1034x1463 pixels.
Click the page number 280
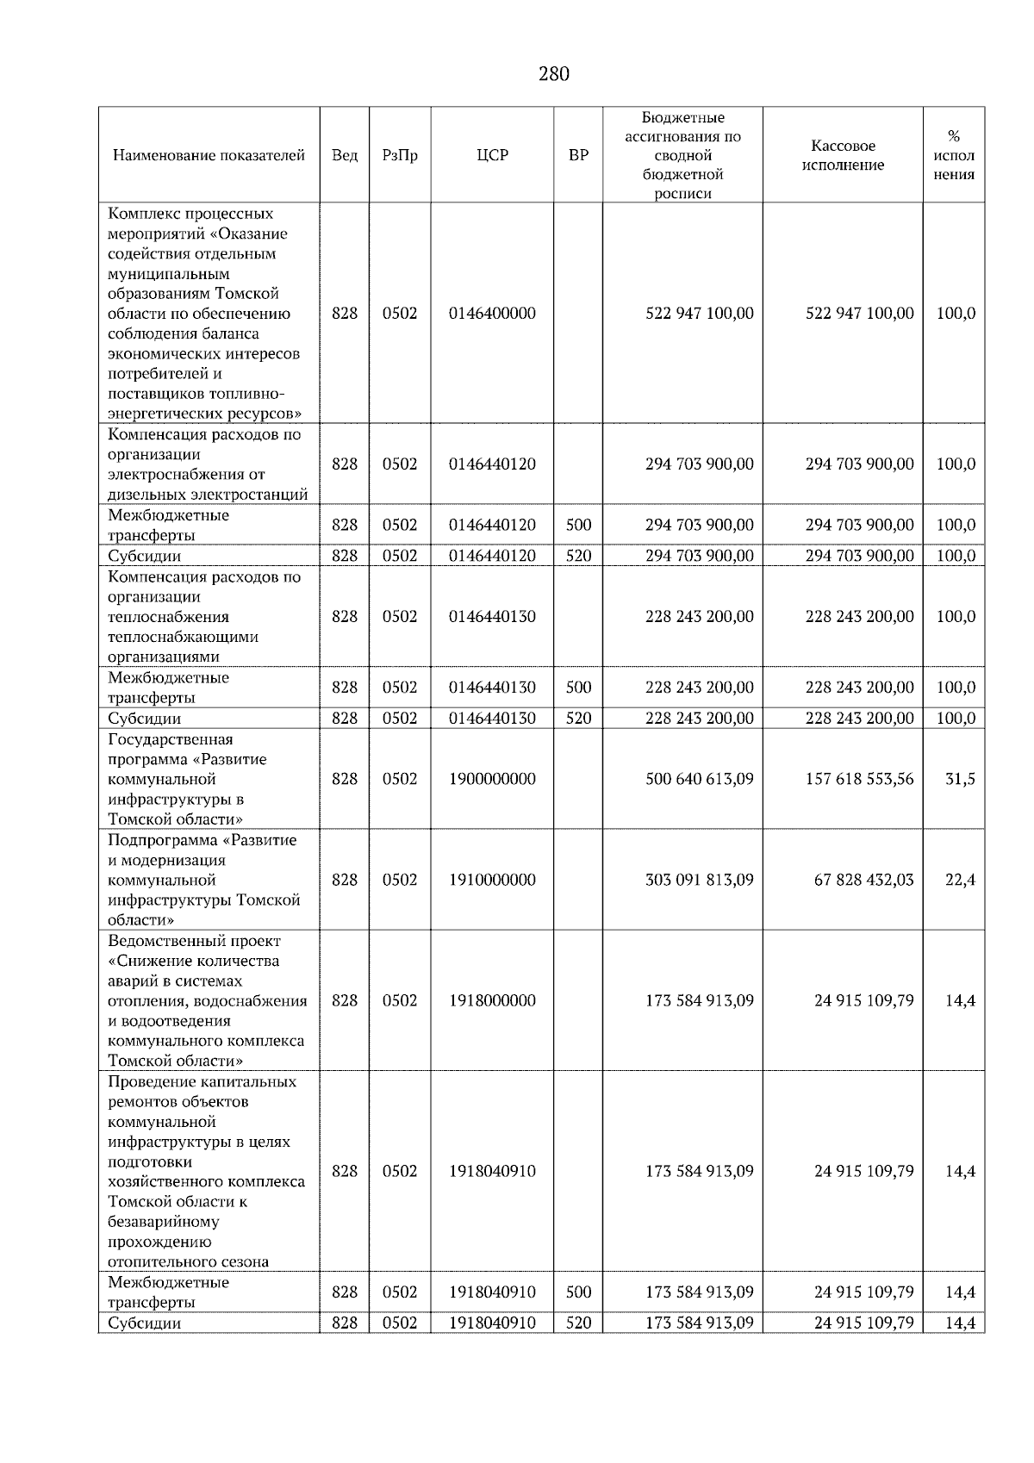(553, 74)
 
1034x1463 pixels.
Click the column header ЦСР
(492, 155)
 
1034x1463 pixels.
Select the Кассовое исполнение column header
(843, 155)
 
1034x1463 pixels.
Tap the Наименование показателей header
(209, 155)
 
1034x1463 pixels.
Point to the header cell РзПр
(400, 155)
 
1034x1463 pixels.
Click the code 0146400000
(492, 314)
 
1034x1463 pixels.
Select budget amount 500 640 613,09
(699, 779)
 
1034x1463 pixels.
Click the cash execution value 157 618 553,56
(859, 779)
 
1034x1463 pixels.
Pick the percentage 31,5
(960, 779)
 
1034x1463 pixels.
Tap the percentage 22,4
(960, 880)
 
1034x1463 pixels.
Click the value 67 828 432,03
(863, 880)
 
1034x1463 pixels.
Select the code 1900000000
(492, 779)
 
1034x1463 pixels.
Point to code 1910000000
(492, 880)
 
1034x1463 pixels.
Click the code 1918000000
(492, 1000)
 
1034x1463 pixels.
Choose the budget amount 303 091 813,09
(699, 880)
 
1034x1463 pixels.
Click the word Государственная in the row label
(171, 739)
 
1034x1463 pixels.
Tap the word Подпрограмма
(162, 840)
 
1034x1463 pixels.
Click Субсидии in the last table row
(145, 1323)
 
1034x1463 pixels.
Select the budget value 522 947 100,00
(699, 314)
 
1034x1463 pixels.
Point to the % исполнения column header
(954, 155)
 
